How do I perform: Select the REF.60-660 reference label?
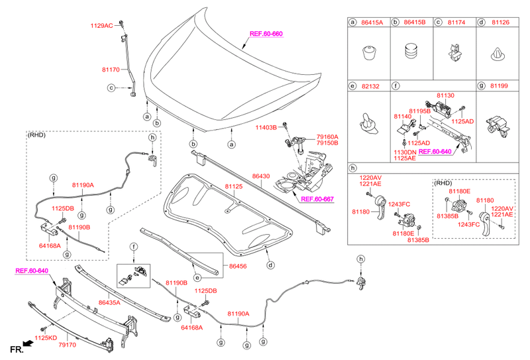click(x=266, y=34)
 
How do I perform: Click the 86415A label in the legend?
click(x=372, y=23)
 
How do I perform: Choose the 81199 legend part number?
click(x=500, y=86)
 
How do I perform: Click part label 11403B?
click(x=266, y=127)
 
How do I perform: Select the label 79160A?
click(x=327, y=137)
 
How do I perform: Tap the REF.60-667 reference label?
click(x=316, y=198)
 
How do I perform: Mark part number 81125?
click(x=233, y=187)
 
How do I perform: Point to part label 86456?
click(x=238, y=266)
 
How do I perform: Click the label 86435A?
click(x=109, y=302)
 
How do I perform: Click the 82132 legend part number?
click(x=372, y=86)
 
